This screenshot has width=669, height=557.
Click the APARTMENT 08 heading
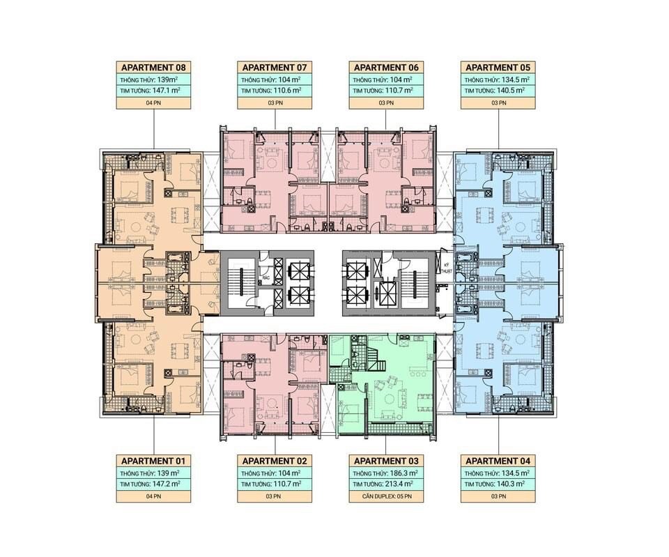(153, 68)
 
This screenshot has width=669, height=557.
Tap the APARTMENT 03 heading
(386, 461)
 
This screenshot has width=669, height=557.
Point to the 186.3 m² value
(403, 473)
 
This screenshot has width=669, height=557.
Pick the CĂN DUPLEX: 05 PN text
(387, 496)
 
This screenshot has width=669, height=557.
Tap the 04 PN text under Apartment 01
(153, 496)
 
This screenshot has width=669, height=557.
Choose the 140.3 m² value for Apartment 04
(510, 484)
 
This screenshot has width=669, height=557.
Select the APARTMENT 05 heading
(498, 68)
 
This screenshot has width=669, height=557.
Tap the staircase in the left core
(242, 282)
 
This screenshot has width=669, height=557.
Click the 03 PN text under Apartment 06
(385, 103)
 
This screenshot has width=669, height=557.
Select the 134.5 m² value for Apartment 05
(515, 79)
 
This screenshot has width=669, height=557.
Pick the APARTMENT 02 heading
(275, 461)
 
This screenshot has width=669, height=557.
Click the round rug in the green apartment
(389, 399)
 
